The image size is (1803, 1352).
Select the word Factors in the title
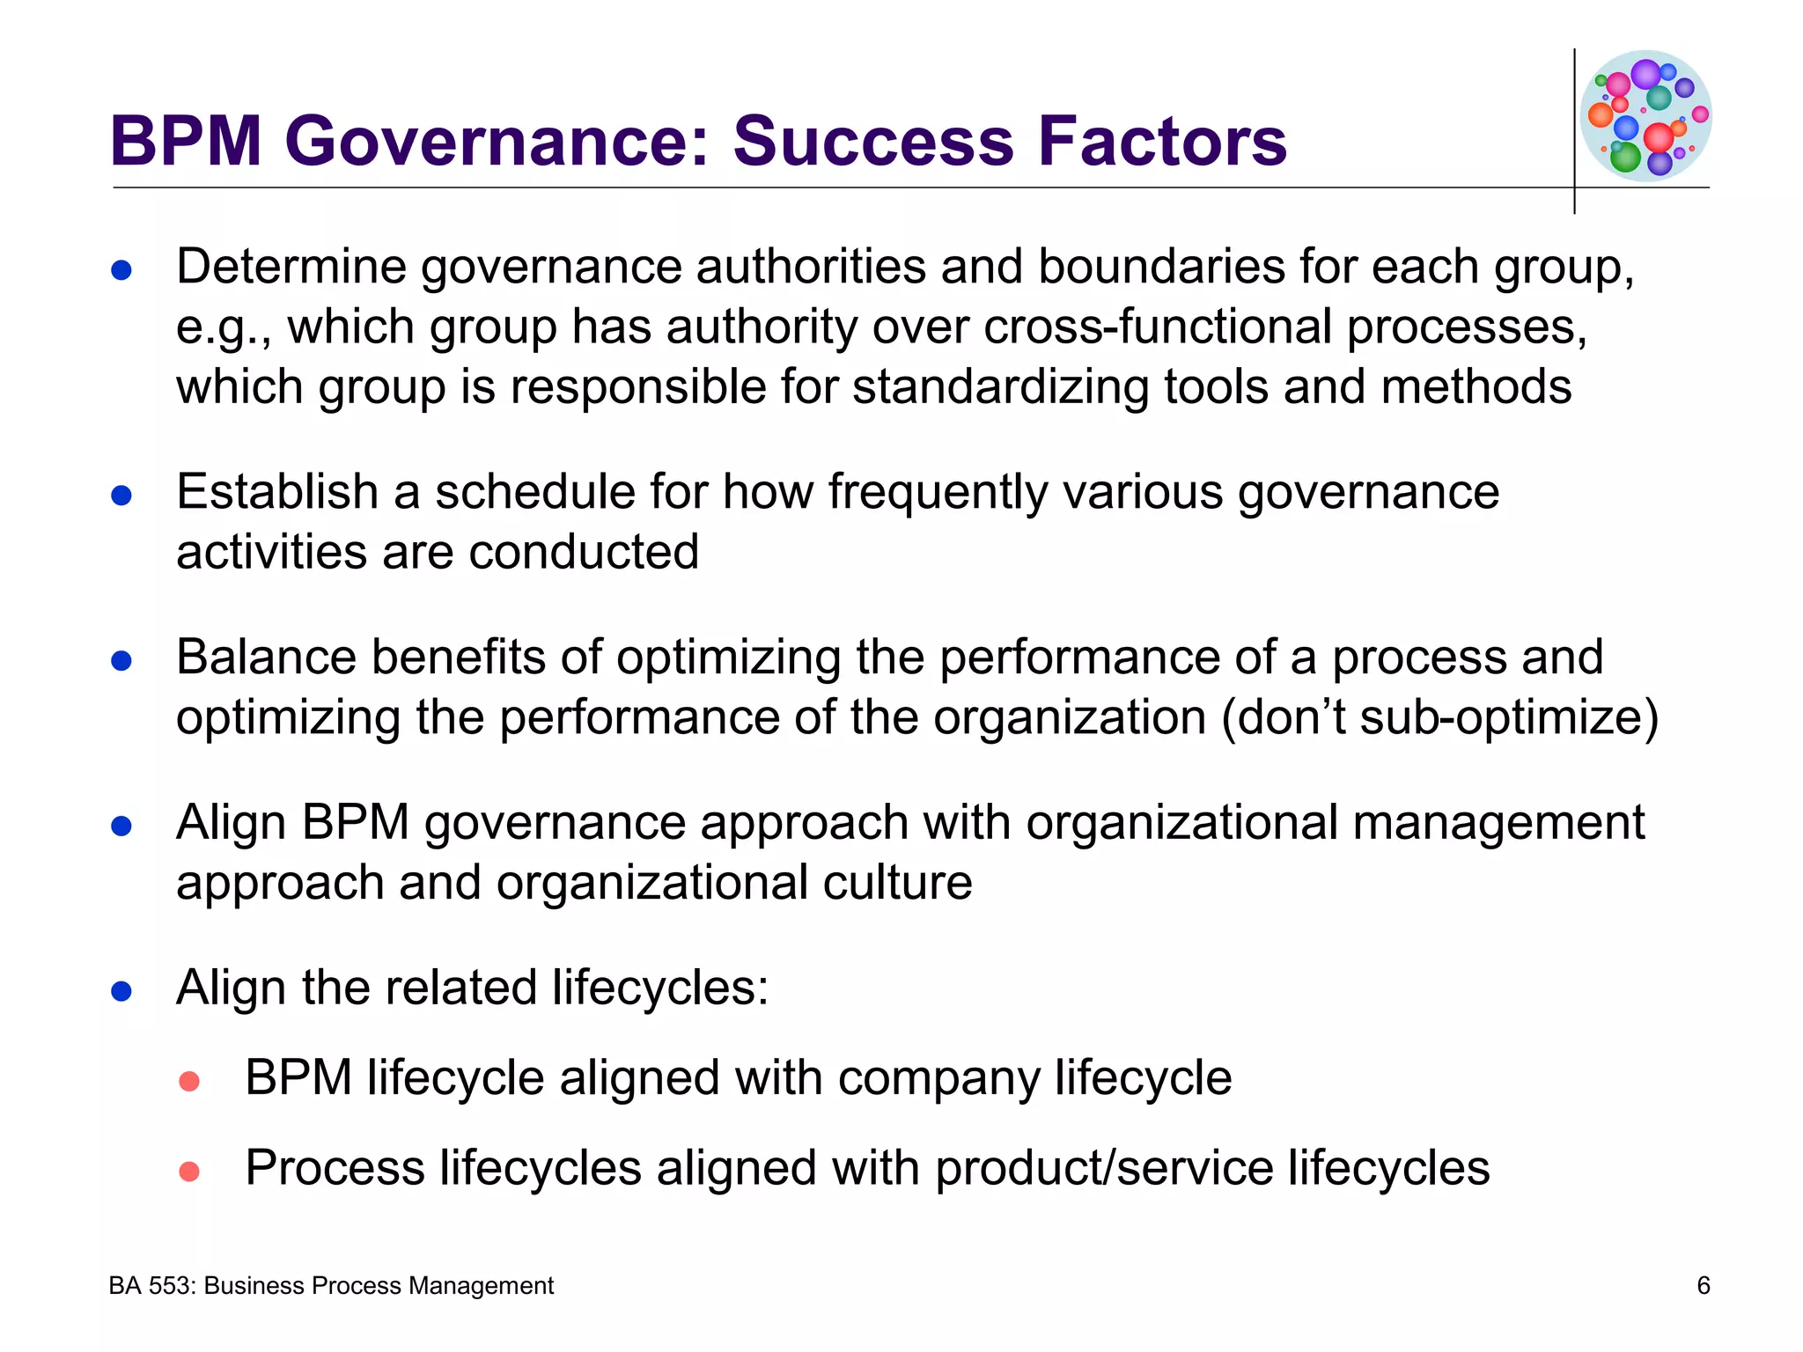click(x=1162, y=141)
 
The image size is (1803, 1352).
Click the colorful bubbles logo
click(x=1645, y=115)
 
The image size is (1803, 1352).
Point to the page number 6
click(x=1704, y=1286)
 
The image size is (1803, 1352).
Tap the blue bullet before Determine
click(x=121, y=269)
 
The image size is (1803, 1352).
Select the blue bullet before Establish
click(x=121, y=495)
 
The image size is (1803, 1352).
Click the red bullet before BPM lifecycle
click(x=189, y=1081)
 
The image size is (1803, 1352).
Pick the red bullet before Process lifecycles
click(x=189, y=1172)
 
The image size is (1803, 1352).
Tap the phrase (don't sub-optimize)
click(x=1440, y=716)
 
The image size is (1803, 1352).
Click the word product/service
click(x=1104, y=1168)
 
